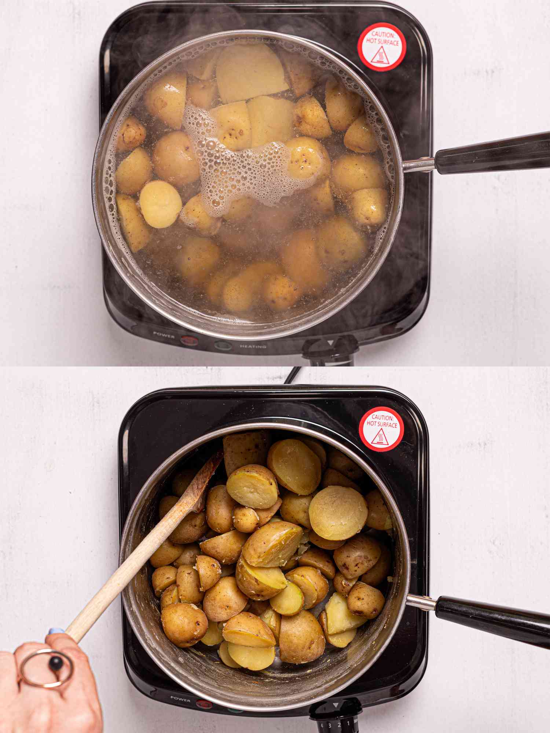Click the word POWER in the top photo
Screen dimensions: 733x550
tap(164, 334)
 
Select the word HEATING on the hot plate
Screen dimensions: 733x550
tap(253, 346)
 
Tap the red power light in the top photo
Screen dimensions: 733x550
tap(188, 339)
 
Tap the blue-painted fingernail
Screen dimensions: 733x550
tap(54, 631)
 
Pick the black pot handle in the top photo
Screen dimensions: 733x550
tap(491, 154)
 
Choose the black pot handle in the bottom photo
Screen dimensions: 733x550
tap(491, 619)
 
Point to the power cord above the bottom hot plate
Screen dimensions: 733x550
tap(291, 376)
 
